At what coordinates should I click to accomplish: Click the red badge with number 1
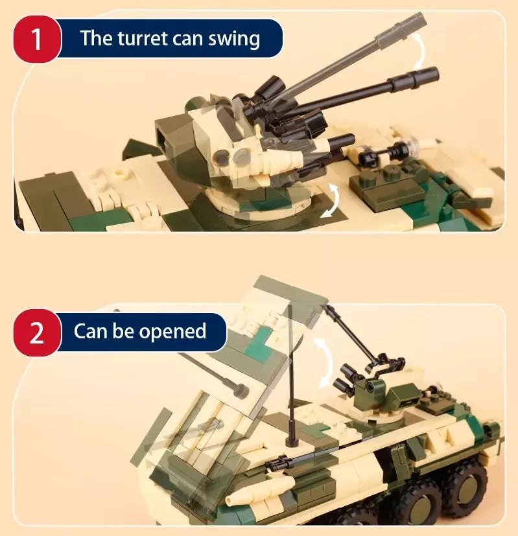tap(36, 38)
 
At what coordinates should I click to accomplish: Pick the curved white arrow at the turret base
tap(331, 199)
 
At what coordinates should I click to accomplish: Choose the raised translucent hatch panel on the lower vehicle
tap(279, 324)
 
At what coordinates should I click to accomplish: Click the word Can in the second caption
tap(89, 331)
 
